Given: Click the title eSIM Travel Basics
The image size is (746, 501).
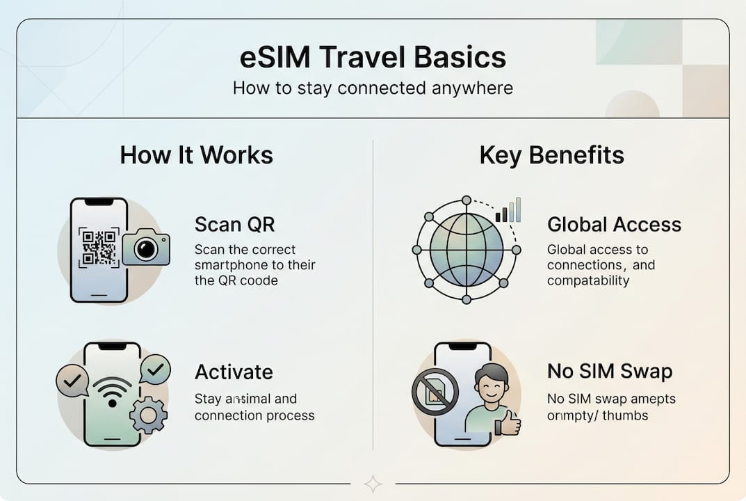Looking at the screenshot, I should click(x=373, y=58).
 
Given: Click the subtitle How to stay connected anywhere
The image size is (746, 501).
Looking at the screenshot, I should click(x=373, y=88).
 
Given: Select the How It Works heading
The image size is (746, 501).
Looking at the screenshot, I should click(x=196, y=154).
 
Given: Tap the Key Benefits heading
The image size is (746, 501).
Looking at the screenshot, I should click(x=551, y=154).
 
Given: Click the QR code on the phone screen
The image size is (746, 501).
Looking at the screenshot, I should click(x=98, y=247).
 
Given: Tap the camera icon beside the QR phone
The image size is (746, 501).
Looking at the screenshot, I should click(x=146, y=247).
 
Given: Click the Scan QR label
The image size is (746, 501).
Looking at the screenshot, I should click(x=234, y=224).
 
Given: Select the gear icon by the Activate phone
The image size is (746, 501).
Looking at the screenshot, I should click(x=148, y=415).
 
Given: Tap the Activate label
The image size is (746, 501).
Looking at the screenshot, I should click(x=234, y=372).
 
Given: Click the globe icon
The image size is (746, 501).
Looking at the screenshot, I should click(x=466, y=250).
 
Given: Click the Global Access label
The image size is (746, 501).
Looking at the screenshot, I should click(x=614, y=224).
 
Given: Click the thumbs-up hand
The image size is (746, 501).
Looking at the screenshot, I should click(x=510, y=422).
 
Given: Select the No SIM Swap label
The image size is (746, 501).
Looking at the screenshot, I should click(x=610, y=372).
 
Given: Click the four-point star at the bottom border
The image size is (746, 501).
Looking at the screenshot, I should click(x=373, y=484).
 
